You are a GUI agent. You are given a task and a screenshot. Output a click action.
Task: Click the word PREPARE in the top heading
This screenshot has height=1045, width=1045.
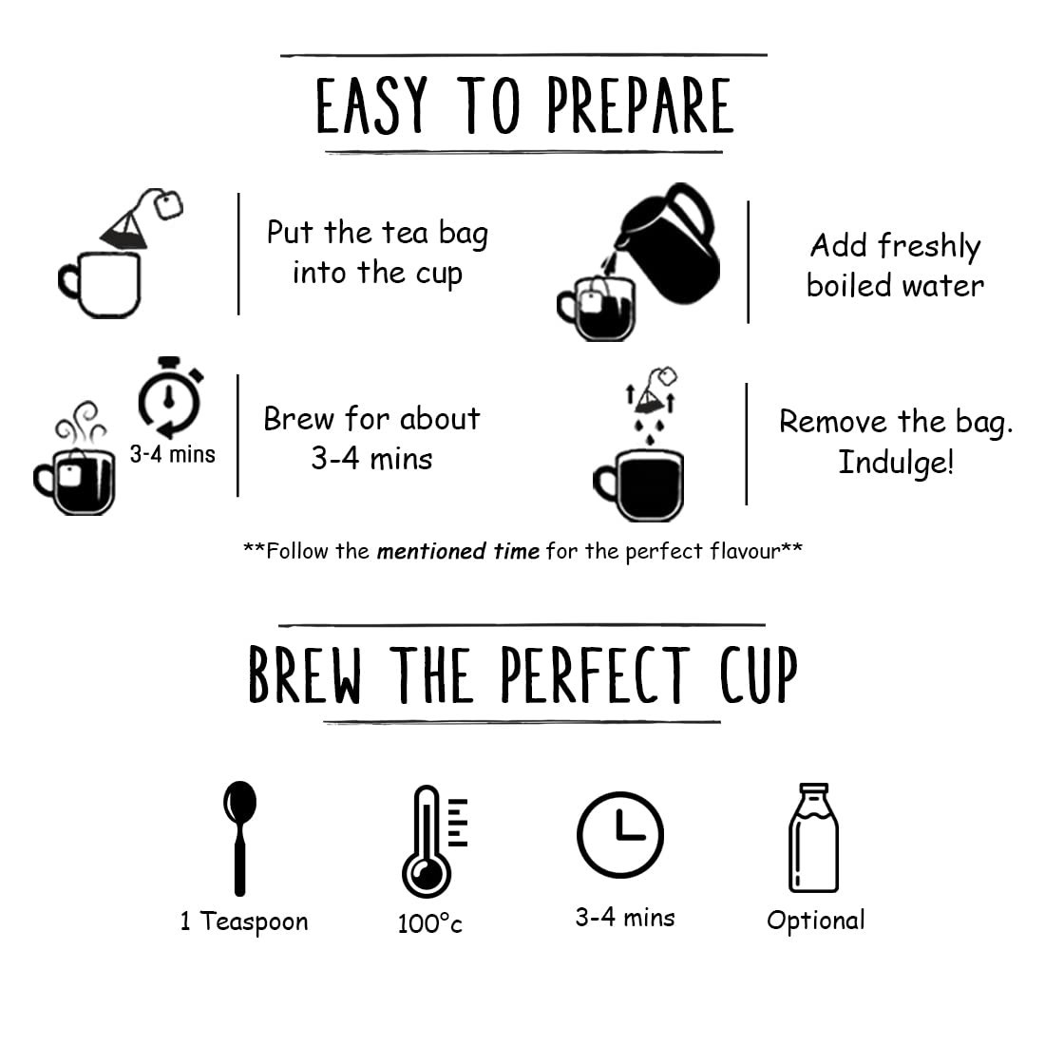pos(640,105)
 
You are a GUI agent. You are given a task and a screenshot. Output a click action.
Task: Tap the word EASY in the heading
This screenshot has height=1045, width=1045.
pos(371,105)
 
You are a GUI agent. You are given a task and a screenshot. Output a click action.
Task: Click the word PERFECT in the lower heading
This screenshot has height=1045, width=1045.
pos(595,674)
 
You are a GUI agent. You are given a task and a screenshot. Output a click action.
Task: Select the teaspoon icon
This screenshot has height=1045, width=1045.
pos(240,838)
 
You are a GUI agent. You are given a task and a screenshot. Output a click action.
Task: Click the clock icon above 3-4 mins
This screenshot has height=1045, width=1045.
pos(619,834)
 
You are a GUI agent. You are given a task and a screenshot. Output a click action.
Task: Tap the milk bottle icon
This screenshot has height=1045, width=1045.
pos(814,838)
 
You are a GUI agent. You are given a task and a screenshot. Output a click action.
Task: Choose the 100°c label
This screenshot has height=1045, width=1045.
pos(429,923)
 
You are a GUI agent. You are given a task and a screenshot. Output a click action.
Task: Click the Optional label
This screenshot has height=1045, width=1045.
pos(816,921)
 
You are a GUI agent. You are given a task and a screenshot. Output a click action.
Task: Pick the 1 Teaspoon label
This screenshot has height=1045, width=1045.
pos(244,921)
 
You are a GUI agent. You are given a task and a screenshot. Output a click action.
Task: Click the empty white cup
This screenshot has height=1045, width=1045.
pos(101,285)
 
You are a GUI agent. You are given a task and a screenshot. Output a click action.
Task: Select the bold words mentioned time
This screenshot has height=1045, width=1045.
pos(458,551)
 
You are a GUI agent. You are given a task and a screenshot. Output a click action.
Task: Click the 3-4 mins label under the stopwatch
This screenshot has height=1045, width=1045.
pos(173,454)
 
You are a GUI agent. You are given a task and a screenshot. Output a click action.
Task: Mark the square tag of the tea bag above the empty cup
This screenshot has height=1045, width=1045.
pos(168,204)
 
